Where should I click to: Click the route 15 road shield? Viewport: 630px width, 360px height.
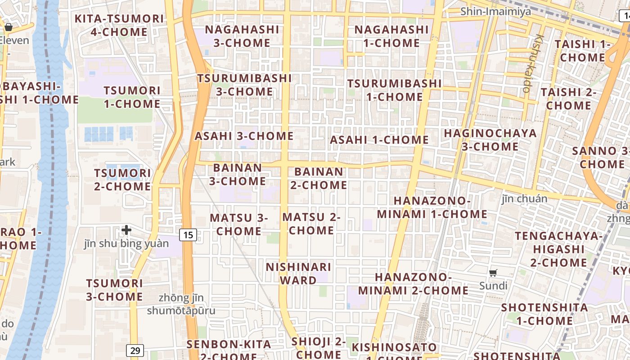(x=188, y=234)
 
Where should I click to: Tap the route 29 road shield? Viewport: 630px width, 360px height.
(x=135, y=350)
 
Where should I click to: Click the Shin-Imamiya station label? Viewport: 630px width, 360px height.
(x=495, y=11)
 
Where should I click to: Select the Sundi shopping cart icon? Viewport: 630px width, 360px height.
(x=493, y=273)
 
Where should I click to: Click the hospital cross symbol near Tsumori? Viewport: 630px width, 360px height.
(x=126, y=230)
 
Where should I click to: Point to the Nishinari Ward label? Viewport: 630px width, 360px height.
(x=298, y=274)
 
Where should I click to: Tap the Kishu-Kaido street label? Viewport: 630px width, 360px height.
(x=534, y=63)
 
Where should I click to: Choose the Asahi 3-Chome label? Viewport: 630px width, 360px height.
(x=244, y=136)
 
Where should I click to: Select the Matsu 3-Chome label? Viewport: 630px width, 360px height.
(x=238, y=224)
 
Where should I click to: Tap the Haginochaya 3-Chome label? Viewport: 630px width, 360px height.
(x=490, y=139)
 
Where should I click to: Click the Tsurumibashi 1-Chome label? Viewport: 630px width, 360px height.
(x=394, y=90)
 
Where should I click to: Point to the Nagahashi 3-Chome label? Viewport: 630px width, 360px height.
(x=242, y=36)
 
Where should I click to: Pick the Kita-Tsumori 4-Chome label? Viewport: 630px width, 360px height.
(x=119, y=25)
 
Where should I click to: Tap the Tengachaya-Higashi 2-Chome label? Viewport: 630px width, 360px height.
(x=558, y=249)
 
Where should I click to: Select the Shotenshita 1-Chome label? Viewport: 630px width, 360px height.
(x=544, y=314)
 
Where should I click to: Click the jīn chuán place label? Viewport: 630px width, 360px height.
(x=525, y=198)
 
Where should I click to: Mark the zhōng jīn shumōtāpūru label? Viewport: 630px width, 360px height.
(x=181, y=304)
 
